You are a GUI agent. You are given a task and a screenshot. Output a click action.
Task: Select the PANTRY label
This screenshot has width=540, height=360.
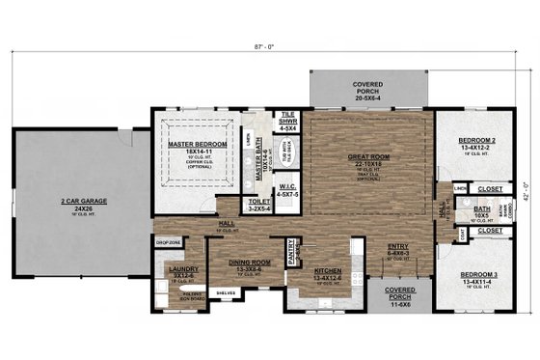[x=294, y=249]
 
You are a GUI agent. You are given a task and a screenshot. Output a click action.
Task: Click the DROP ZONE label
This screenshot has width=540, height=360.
[x=168, y=243]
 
